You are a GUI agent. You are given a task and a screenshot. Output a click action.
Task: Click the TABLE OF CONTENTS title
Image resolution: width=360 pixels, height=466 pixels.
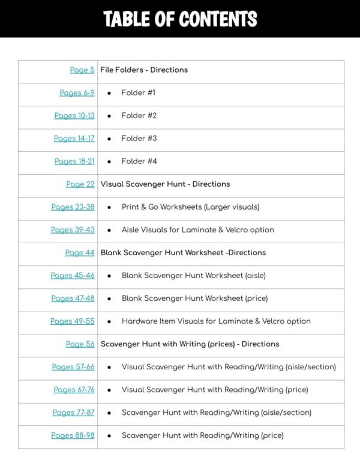tap(180, 19)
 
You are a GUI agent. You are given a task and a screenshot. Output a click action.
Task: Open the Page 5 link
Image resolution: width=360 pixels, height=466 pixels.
tap(82, 70)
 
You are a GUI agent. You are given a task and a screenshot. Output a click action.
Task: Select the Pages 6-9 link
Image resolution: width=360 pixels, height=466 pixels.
tap(77, 93)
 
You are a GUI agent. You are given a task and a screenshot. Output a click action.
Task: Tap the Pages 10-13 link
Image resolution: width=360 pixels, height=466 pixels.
tap(74, 116)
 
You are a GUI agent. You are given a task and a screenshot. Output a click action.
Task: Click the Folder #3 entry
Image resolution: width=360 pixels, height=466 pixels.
tap(139, 139)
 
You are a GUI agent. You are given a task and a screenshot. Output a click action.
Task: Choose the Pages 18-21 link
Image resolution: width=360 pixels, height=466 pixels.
tap(74, 162)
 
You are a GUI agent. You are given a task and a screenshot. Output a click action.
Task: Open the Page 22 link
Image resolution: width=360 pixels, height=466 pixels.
tap(80, 184)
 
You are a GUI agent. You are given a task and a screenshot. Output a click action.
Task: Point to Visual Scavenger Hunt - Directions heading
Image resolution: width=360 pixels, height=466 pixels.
tap(165, 184)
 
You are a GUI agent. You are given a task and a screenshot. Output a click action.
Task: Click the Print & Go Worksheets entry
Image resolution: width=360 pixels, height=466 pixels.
tap(190, 207)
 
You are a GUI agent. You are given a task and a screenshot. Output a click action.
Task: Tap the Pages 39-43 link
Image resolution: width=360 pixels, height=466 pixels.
tap(73, 230)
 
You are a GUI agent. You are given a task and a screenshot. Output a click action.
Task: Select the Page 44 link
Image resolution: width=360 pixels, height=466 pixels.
tap(80, 253)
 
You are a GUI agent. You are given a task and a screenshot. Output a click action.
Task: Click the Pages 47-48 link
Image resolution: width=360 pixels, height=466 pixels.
tap(73, 298)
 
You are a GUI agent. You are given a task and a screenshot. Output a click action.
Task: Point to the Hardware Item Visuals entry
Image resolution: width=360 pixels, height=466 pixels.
tap(216, 321)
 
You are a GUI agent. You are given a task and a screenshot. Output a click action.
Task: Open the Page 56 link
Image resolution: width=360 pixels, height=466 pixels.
tap(80, 344)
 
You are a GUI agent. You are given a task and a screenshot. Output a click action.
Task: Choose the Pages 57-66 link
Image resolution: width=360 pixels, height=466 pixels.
tap(73, 367)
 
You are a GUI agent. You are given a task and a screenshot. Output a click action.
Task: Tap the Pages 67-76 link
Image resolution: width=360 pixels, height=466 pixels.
tap(74, 390)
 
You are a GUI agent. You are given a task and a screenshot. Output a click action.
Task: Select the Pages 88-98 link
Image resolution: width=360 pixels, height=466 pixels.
tap(73, 435)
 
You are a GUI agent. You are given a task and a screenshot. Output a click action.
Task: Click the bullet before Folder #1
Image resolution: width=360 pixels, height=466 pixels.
tap(109, 93)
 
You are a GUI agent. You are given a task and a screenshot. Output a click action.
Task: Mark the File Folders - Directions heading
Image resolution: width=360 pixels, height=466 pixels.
tap(144, 70)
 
